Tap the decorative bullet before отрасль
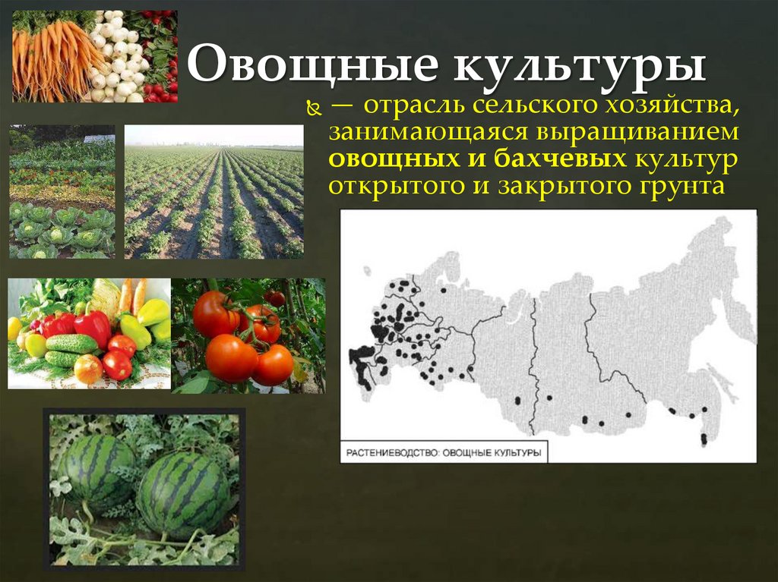(x=310, y=111)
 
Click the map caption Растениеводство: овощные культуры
(x=444, y=453)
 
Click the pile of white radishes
(x=118, y=57)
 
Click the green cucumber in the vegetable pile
(x=71, y=344)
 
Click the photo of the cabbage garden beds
(x=62, y=192)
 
